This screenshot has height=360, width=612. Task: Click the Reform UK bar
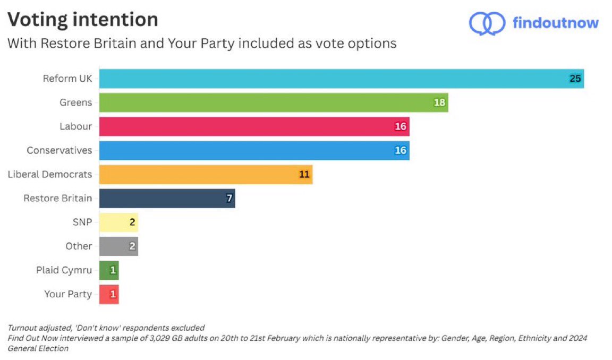pos(340,79)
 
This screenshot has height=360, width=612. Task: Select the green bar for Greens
pos(273,102)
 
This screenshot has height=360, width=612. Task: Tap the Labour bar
pos(254,126)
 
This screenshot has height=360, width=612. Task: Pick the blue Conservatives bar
pos(254,150)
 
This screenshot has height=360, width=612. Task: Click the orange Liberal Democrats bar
pos(205,174)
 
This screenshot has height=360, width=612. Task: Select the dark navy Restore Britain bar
pos(167,198)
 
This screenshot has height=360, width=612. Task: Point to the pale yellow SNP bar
pos(118,222)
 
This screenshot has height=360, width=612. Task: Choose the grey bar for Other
pos(118,246)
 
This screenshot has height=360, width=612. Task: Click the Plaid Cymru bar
pos(109,270)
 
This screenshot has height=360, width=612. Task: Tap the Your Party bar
pos(109,294)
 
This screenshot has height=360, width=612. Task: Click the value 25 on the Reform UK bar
pos(575,79)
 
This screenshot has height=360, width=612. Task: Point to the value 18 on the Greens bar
pos(439,102)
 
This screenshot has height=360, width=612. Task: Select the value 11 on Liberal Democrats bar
pos(304,174)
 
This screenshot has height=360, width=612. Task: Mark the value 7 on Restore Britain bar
pos(229,198)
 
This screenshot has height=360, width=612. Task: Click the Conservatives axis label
pos(59,150)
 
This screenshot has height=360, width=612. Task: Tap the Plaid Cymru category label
pos(64,270)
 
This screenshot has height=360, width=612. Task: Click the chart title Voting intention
pos(82,20)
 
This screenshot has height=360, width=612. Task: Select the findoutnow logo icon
pos(487,23)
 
